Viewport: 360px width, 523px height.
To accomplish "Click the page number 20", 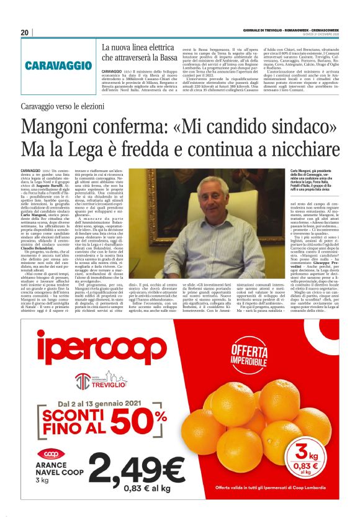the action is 25,32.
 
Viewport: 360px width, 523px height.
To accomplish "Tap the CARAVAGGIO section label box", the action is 57,65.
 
